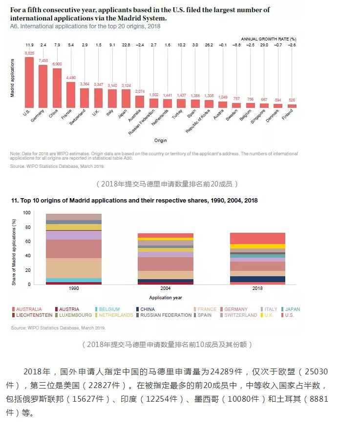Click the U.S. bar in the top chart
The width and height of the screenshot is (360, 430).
pos(29,82)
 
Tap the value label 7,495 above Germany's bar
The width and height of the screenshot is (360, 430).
pos(43,61)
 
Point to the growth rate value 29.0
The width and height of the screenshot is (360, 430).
pos(264,45)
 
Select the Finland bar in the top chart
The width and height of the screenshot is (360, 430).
pos(292,105)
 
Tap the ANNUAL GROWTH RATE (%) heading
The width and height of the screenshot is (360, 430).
pos(269,38)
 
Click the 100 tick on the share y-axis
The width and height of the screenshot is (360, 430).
pos(26,213)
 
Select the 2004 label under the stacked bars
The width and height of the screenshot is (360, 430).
pos(166,288)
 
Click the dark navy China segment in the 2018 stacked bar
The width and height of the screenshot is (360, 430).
pos(257,279)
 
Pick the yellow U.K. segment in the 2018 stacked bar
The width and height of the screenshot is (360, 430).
pos(257,246)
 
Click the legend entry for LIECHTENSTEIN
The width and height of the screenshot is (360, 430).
pos(33,315)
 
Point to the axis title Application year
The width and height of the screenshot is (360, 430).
pos(166,297)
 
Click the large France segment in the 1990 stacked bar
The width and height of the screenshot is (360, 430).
pos(74,267)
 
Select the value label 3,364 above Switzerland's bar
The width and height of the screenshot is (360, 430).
pos(85,84)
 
